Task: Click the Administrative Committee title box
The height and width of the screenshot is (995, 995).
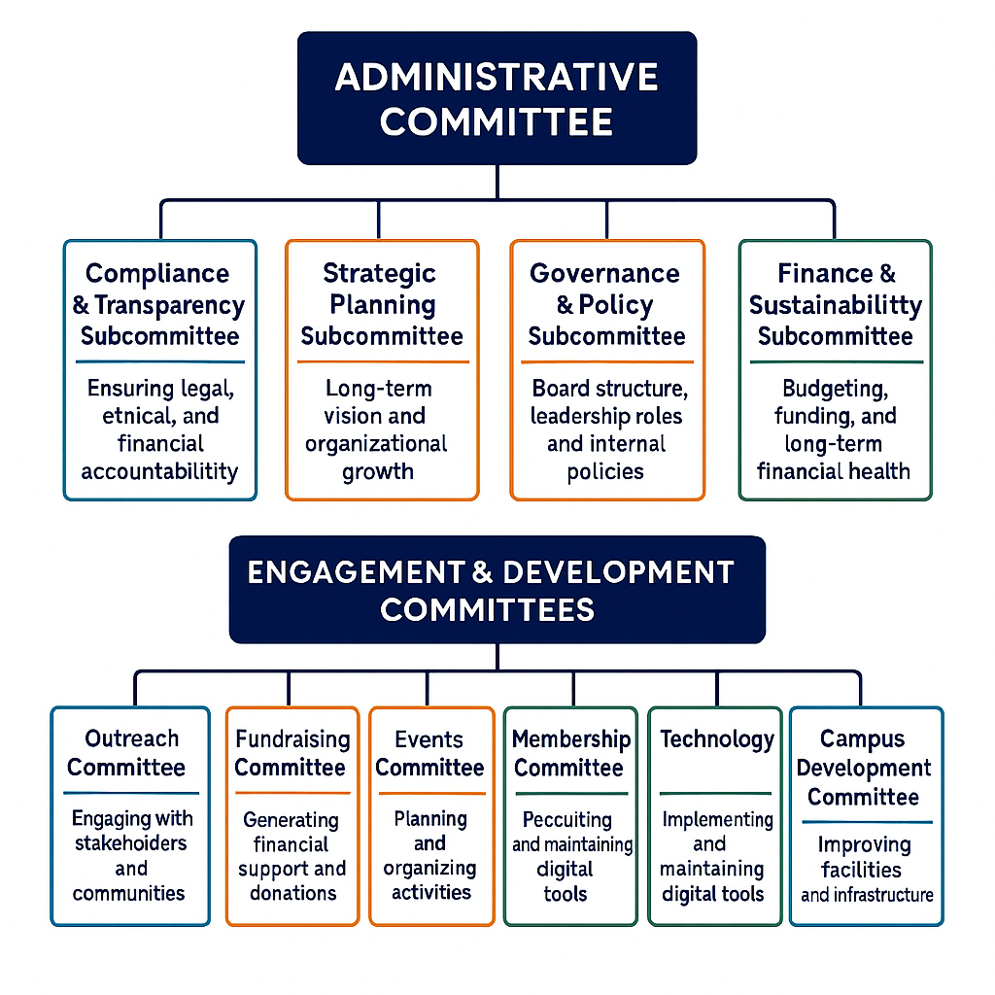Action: (497, 98)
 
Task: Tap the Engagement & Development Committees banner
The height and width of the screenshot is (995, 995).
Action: (497, 590)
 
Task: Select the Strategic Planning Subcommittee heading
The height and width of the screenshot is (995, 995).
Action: (381, 304)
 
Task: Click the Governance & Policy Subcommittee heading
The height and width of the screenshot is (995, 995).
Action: (606, 304)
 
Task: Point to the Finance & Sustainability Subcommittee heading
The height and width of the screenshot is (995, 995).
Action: (836, 304)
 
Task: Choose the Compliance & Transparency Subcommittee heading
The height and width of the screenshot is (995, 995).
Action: (159, 304)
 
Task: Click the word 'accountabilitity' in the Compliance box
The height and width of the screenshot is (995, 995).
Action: (159, 471)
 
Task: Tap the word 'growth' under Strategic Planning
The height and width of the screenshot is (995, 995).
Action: (378, 472)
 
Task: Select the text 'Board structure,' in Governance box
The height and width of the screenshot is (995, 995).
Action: (610, 389)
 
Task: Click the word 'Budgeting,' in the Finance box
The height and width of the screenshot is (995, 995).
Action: (835, 389)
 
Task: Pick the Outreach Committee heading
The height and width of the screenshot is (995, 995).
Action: (127, 753)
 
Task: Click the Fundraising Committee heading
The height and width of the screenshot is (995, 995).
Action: (292, 753)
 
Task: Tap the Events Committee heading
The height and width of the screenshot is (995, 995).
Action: (429, 753)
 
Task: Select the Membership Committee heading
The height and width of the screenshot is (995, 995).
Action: (571, 753)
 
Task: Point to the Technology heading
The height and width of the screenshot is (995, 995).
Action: (717, 739)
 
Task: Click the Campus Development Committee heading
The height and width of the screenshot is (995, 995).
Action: (864, 768)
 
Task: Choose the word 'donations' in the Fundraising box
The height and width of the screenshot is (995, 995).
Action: (293, 894)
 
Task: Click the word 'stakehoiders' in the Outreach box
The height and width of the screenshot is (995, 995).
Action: (131, 843)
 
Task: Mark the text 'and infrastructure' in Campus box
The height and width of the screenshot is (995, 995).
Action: (867, 895)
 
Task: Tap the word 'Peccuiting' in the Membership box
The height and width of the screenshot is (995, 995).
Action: (567, 820)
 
